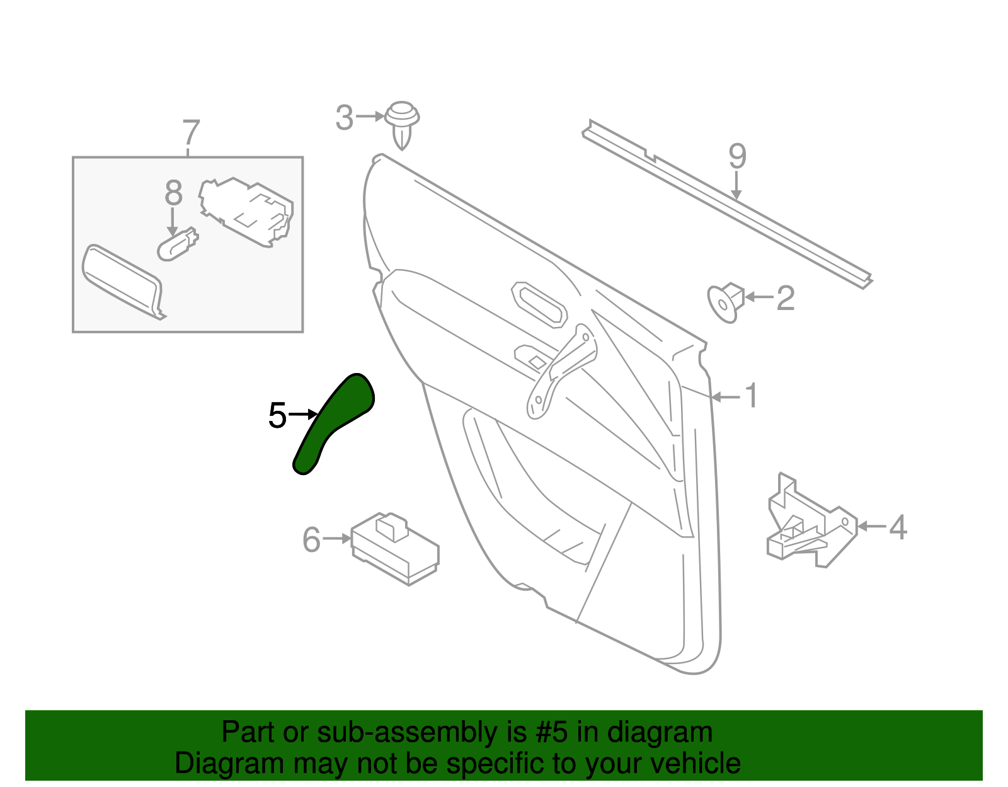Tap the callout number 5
coord(277,416)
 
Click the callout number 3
coord(344,118)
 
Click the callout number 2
coord(785,298)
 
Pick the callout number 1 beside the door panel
coord(750,396)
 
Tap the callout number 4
coord(898,527)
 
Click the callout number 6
coord(311,540)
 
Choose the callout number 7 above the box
coord(191,134)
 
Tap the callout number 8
coord(173,193)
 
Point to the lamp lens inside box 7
coord(122,281)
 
